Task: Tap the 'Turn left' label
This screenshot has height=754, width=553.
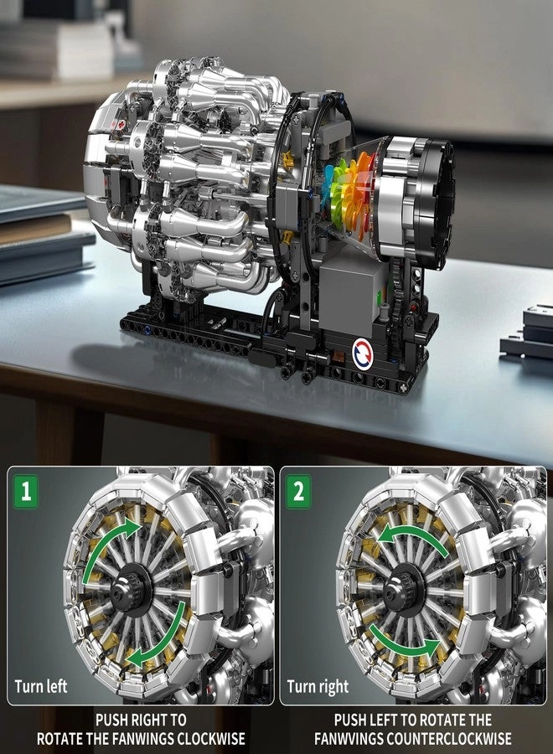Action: [40, 687]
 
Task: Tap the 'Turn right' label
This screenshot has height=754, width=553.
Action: [318, 687]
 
